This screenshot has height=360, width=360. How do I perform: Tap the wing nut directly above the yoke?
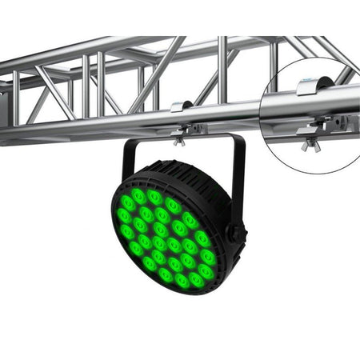point(180,142)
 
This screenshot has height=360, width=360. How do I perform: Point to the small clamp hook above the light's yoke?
point(182,106)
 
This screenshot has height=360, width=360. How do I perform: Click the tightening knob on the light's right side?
point(236,233)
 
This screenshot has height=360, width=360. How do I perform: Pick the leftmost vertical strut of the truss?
point(15,96)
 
